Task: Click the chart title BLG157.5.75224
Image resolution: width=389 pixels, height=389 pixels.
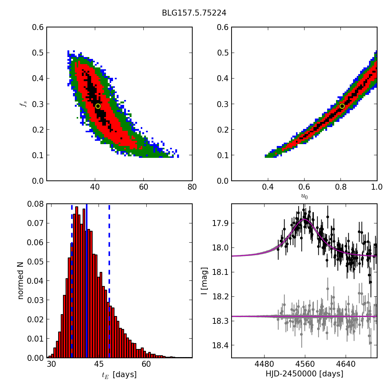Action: (194, 13)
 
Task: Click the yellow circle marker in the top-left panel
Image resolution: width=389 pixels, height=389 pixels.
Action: (98, 106)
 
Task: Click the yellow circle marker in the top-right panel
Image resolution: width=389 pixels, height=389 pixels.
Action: (342, 106)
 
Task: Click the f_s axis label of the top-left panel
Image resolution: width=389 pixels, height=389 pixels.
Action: (23, 104)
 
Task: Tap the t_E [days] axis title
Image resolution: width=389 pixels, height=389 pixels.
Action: (119, 375)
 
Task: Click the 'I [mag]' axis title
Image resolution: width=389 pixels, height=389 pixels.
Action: (204, 280)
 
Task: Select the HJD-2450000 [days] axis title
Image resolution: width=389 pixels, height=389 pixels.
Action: (304, 374)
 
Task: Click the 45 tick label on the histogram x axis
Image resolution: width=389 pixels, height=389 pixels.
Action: (99, 365)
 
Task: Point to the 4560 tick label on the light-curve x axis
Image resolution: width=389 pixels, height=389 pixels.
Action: (305, 365)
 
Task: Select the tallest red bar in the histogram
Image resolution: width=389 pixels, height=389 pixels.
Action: (77, 282)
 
